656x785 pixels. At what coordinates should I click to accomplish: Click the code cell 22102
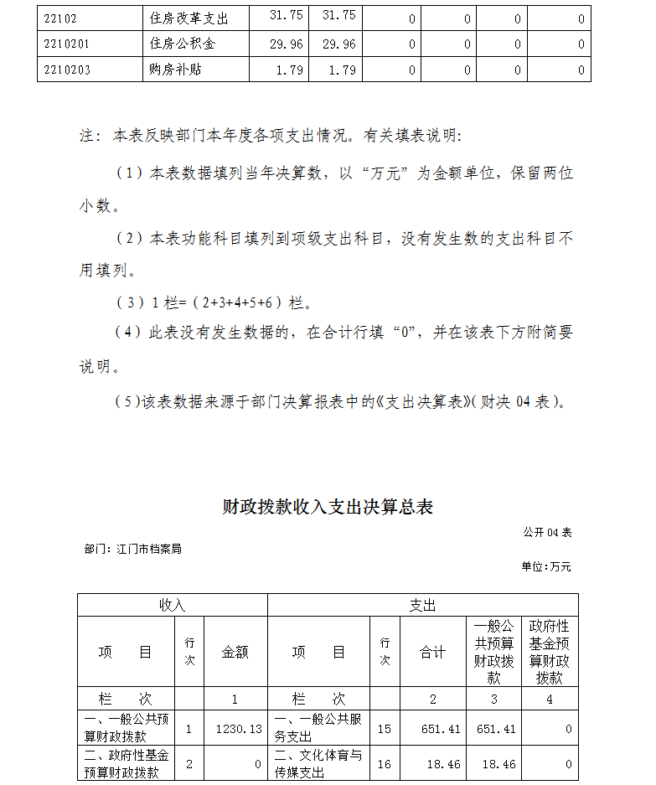coord(59,18)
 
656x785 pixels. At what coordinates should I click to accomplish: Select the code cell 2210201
coord(66,44)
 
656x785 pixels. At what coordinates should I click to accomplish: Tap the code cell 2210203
coord(66,70)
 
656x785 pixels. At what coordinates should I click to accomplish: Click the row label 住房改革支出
coord(189,18)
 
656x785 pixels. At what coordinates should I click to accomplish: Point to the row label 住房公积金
coord(188,44)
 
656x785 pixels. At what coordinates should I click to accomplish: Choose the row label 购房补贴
coord(176,70)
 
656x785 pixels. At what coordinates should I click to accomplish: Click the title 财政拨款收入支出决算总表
coord(328,507)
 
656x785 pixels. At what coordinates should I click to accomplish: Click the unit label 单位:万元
coord(546,567)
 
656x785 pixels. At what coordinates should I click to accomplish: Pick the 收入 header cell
coord(172,605)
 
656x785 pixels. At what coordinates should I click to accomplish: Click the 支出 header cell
coord(422,605)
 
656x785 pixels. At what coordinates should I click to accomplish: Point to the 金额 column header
coord(235,652)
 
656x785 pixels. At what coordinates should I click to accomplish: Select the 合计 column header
coord(432,652)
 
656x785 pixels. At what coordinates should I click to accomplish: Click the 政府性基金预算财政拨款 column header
coord(550,652)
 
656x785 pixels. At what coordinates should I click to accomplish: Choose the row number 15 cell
coord(385,729)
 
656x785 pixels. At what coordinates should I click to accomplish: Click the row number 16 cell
coord(385,763)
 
